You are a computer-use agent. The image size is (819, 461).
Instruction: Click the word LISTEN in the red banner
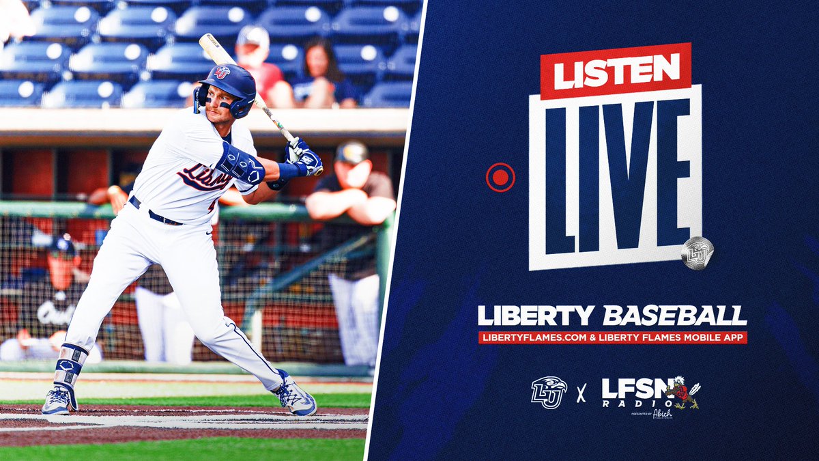[616, 71]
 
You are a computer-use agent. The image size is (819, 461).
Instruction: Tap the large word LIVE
[615, 178]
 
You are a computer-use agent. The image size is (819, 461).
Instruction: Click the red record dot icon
[500, 178]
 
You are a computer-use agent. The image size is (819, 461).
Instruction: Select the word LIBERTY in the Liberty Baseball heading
[537, 316]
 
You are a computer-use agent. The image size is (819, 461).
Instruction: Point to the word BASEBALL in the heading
[675, 316]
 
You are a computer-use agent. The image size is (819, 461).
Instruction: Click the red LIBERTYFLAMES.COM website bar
[612, 337]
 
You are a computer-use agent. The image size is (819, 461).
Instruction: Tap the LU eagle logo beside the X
[549, 393]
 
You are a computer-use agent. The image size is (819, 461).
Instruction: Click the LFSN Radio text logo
[632, 392]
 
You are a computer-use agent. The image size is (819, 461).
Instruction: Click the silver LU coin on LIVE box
[697, 253]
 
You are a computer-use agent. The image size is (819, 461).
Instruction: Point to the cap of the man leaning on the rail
[351, 152]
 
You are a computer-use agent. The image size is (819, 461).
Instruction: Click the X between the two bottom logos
[581, 394]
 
